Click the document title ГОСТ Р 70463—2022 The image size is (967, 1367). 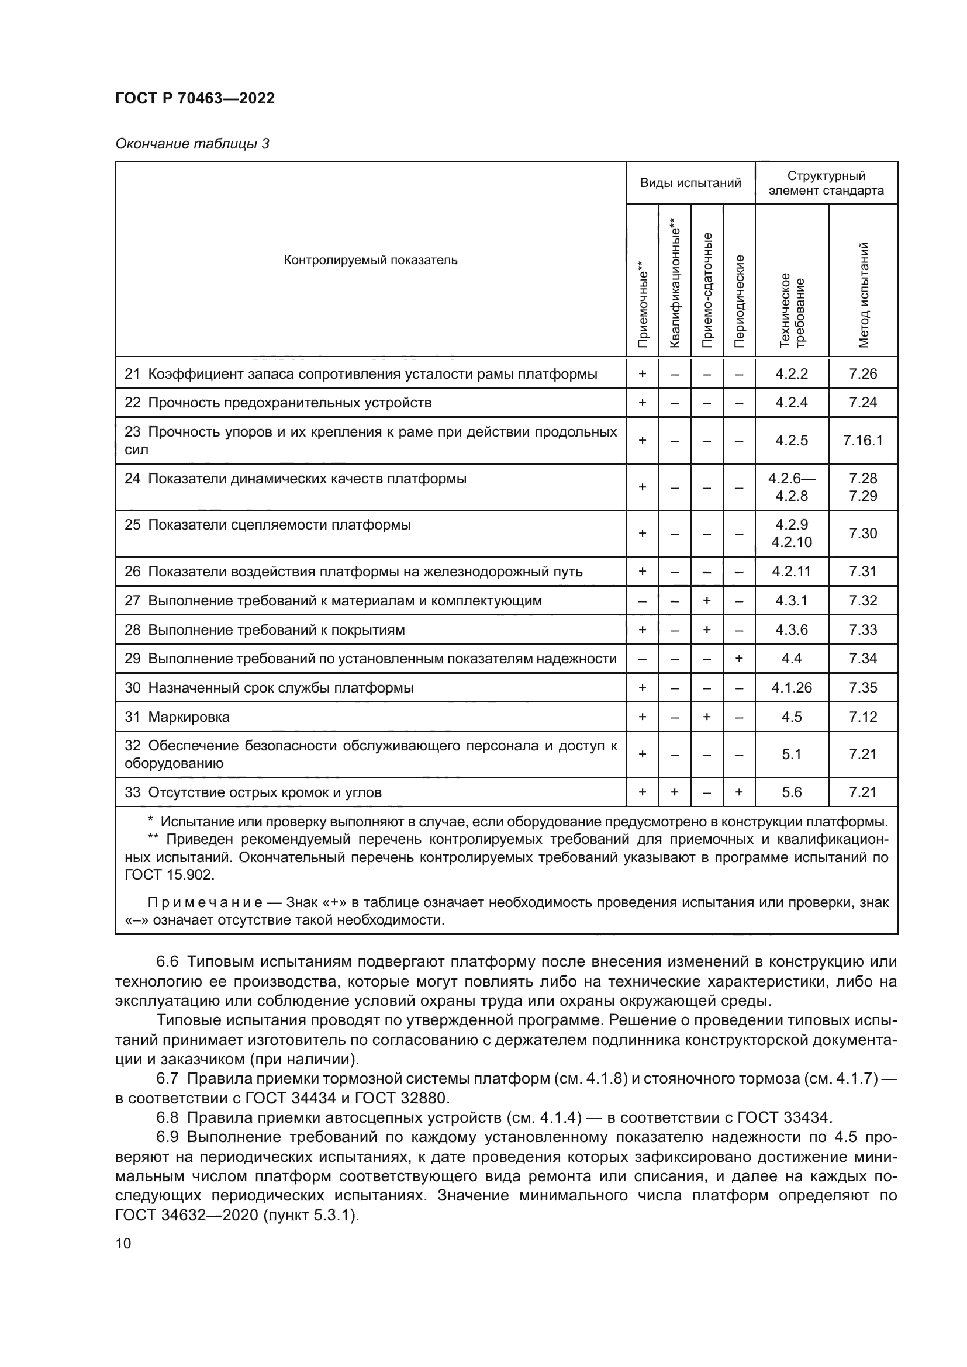tap(195, 99)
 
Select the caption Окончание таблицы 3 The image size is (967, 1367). tap(192, 144)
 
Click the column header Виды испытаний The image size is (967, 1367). tap(690, 184)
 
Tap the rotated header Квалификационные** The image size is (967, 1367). tap(674, 282)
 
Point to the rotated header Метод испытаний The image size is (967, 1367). tap(864, 295)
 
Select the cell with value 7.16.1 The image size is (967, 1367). tap(863, 441)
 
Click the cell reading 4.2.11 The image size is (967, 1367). tap(792, 572)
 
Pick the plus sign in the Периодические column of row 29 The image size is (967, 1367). tap(739, 659)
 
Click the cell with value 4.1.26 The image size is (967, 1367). tap(792, 688)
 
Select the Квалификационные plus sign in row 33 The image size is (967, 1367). tap(675, 792)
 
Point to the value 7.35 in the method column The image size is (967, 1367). tap(863, 688)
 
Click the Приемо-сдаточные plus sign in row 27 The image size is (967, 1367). tap(707, 601)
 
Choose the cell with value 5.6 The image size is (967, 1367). tap(792, 792)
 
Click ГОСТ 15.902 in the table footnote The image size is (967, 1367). tap(168, 875)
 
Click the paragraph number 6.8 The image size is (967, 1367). tap(167, 1117)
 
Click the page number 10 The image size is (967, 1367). tap(123, 1244)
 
